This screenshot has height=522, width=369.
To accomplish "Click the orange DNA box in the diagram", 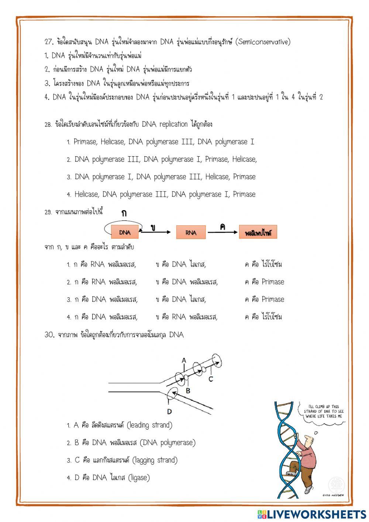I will [x=125, y=232].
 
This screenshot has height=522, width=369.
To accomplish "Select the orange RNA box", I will [x=191, y=232].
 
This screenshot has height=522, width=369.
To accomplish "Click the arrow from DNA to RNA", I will [x=156, y=232].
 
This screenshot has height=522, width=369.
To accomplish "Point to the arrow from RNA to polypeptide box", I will [x=222, y=232].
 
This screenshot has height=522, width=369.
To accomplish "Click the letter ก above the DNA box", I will [x=124, y=214].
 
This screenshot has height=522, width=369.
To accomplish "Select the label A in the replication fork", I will [x=184, y=361].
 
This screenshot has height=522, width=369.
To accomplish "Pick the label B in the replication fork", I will [x=188, y=390].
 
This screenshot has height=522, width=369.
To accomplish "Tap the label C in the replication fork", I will [x=211, y=379].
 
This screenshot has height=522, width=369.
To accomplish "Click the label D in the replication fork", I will [x=169, y=411].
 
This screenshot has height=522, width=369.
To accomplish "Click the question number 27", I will [x=49, y=42].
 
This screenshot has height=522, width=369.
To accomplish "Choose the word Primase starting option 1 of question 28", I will [x=85, y=142].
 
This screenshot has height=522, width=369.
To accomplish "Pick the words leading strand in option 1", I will [x=149, y=425].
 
